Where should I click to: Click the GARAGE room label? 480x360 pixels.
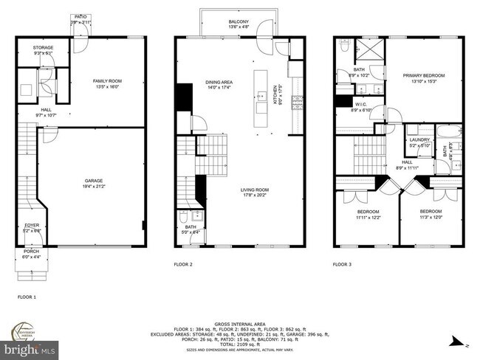[92, 181]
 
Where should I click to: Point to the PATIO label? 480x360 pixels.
[79, 15]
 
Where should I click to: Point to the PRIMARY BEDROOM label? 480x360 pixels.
[422, 75]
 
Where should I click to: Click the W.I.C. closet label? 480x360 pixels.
[361, 105]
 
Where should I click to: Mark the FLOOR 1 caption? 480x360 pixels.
[27, 297]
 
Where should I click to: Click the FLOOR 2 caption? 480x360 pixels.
[183, 263]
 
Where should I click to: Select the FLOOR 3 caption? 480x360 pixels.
[342, 263]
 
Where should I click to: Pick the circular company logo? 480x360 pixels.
[28, 329]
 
